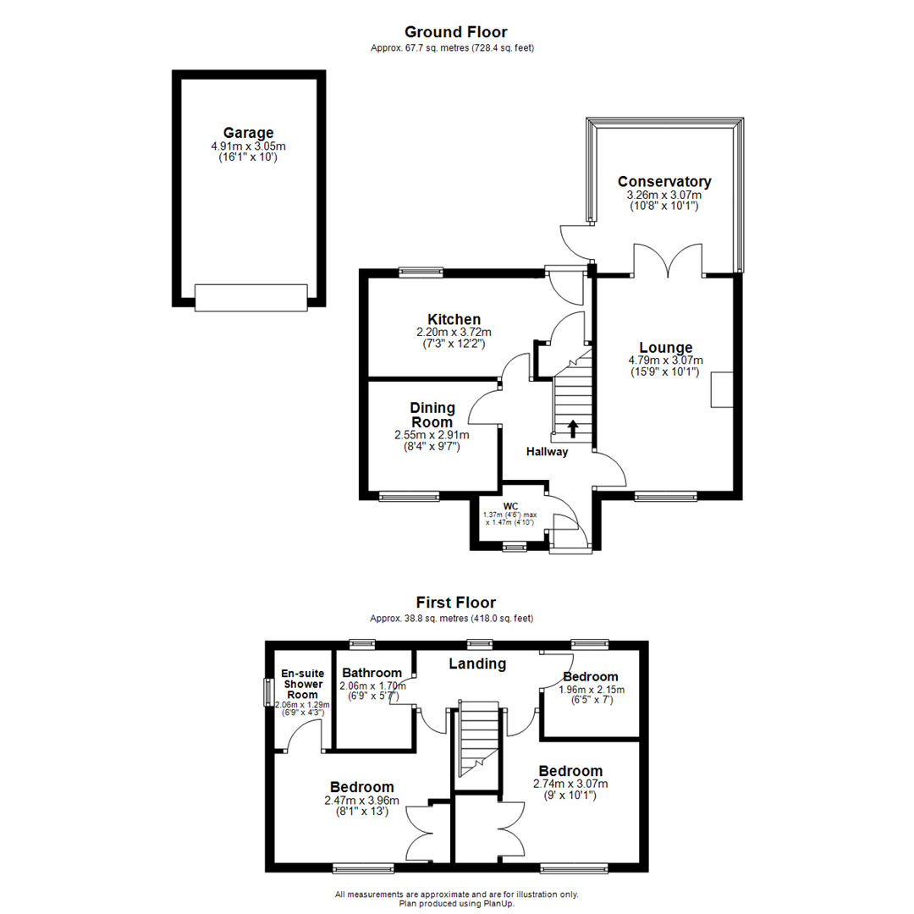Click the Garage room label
(x=248, y=133)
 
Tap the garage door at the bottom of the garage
(x=250, y=297)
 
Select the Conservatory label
(x=663, y=182)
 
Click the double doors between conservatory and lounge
(x=669, y=262)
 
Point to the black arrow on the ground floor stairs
(x=573, y=429)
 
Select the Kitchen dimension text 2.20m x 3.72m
(x=454, y=332)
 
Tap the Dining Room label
(x=432, y=415)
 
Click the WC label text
(x=509, y=506)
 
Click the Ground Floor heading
(x=456, y=33)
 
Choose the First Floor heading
(x=456, y=603)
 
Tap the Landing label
(x=476, y=664)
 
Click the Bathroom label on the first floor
(x=372, y=673)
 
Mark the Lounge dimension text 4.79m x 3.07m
(x=665, y=361)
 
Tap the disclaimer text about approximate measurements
(x=456, y=895)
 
